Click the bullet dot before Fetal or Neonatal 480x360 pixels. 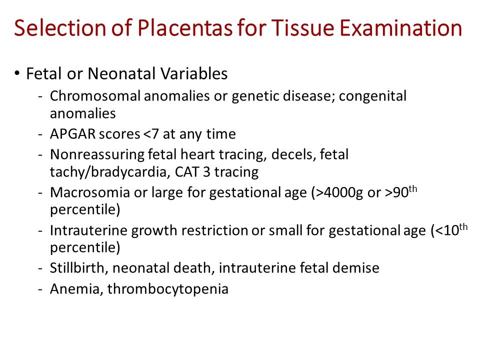(x=16, y=73)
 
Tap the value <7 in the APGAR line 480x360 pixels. (x=151, y=134)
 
